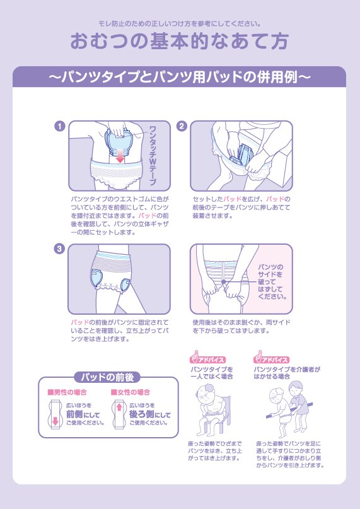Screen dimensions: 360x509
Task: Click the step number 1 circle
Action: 60,126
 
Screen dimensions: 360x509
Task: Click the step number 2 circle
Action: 182,126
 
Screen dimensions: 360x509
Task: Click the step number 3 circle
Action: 60,249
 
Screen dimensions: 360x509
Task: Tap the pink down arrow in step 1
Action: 120,156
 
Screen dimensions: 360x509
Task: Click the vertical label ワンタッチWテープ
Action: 152,156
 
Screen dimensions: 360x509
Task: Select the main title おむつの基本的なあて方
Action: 180,41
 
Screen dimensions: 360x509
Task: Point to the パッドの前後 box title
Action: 107,377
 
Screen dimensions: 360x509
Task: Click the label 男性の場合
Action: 67,392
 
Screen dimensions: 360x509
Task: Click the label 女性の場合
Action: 131,392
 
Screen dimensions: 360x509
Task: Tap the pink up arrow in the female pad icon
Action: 119,407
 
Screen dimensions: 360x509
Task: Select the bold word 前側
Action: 74,414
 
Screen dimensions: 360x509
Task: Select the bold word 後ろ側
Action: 141,414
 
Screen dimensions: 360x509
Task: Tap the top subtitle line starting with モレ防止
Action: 180,24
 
